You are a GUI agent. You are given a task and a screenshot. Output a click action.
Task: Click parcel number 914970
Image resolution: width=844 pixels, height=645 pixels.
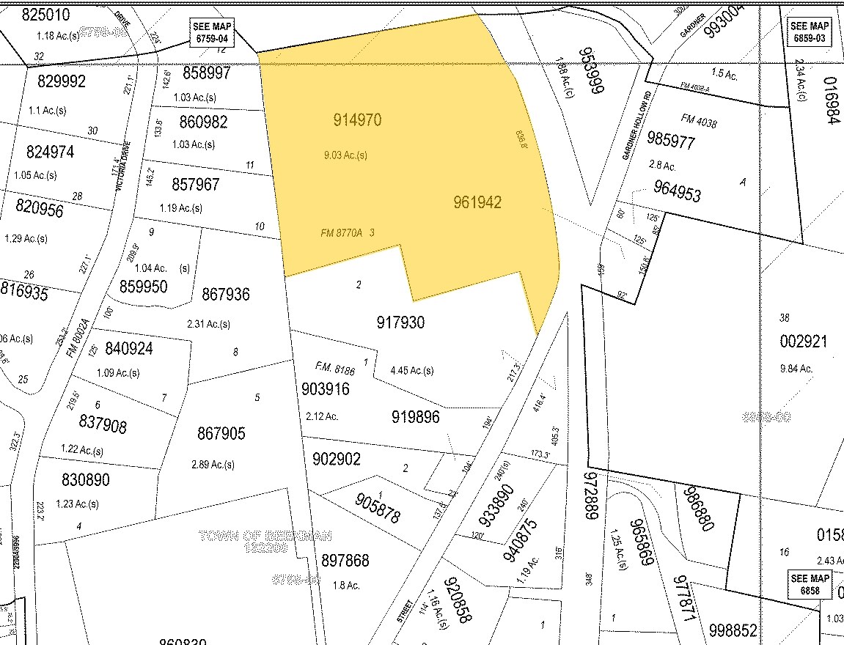(357, 119)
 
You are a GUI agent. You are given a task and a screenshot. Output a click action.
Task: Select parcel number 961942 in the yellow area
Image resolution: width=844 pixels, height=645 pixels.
(477, 202)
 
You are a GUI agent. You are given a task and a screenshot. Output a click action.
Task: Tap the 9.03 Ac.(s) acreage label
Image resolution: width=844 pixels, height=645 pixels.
(345, 155)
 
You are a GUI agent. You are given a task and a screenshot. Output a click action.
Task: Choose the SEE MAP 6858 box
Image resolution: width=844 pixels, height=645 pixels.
(810, 584)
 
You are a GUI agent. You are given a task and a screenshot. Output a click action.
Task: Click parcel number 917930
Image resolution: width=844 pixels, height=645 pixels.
(400, 322)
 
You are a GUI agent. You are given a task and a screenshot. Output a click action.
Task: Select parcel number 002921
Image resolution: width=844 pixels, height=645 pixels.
(804, 341)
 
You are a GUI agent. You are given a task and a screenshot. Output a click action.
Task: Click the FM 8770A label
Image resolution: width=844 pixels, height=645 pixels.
(342, 233)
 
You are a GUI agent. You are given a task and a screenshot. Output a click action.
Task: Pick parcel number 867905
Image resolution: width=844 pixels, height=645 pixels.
(221, 434)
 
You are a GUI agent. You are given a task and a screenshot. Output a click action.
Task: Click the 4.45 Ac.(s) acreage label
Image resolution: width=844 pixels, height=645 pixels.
(411, 370)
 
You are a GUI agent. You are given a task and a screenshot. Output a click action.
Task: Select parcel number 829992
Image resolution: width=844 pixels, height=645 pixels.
(56, 81)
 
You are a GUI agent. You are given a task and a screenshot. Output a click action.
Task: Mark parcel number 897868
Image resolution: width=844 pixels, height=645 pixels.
(345, 561)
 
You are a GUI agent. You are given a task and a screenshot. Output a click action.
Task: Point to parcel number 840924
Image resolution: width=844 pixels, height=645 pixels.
(129, 349)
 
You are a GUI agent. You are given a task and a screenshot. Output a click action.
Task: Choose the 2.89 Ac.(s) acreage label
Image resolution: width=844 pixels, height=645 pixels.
(213, 465)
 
